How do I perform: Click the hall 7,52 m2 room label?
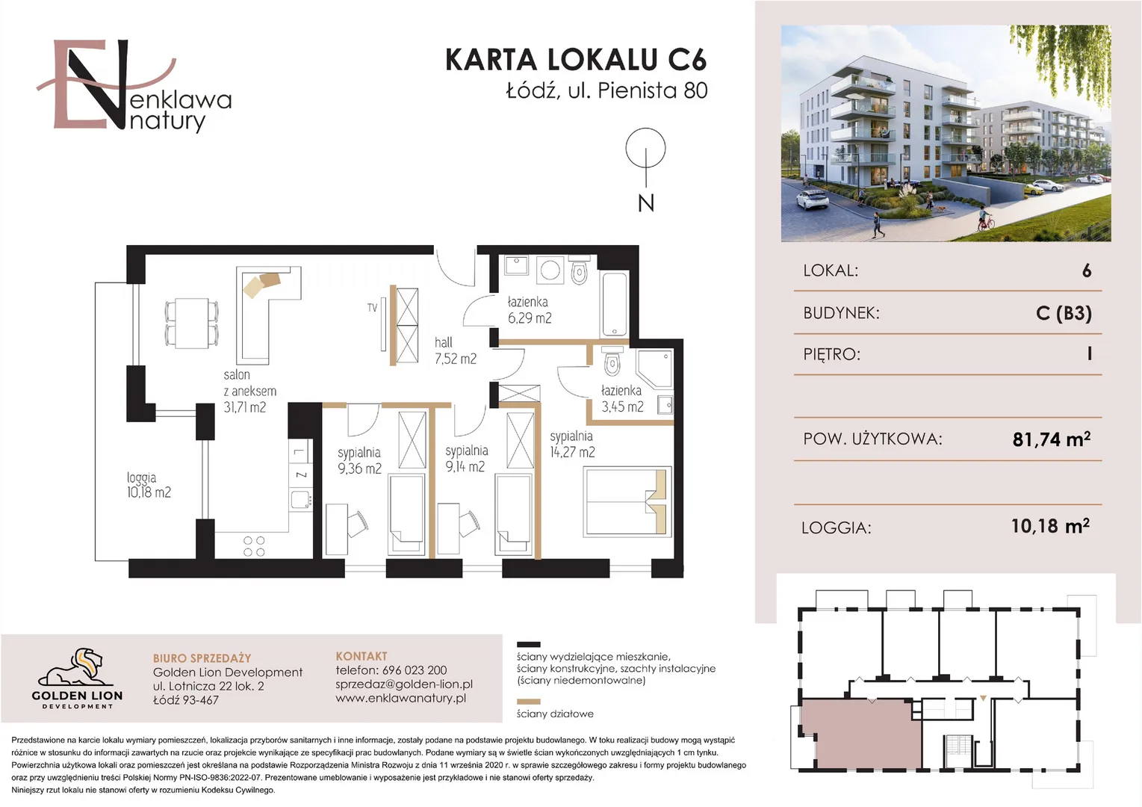point(456,350)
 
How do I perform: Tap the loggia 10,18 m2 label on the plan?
point(149,485)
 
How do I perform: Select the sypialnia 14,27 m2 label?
point(572,444)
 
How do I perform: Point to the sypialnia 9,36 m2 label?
point(359,460)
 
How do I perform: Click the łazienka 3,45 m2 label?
point(622,398)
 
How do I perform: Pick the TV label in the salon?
point(372,308)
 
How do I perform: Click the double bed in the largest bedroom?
point(627,501)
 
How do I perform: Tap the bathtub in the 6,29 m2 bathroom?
point(615,305)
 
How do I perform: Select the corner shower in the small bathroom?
point(654,368)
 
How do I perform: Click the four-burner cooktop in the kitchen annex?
point(254,545)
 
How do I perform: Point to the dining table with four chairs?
point(192,324)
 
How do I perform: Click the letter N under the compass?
point(646,203)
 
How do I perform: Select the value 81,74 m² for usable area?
point(1051,439)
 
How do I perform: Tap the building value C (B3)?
point(1064,312)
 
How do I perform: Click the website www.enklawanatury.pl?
point(401,698)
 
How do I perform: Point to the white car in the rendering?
point(813,199)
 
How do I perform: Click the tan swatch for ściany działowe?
point(528,702)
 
